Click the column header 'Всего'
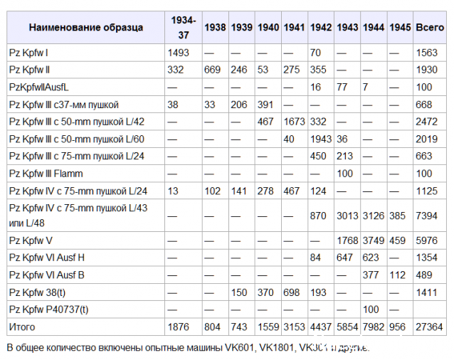tap(429, 27)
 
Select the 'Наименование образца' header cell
tap(85, 27)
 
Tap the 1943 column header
tap(347, 27)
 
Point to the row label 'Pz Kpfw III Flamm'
tap(46, 174)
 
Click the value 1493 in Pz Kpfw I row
tap(179, 53)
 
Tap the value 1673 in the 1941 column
tap(294, 122)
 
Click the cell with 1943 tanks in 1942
tap(321, 139)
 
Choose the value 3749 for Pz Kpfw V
tap(374, 240)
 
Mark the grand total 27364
tap(430, 327)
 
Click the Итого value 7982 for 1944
tap(374, 327)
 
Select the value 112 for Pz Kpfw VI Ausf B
tap(398, 275)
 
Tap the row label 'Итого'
tap(21, 327)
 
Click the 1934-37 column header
tap(184, 27)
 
